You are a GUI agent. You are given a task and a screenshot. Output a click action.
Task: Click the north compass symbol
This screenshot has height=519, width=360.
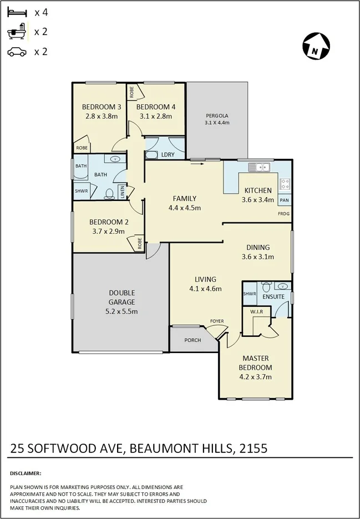point(316,46)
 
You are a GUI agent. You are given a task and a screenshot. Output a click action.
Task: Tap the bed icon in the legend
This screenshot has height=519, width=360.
point(17,11)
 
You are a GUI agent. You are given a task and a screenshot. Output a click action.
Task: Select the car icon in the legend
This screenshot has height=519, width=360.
point(17,52)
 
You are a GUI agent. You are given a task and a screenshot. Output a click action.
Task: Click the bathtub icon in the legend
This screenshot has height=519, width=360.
point(17,31)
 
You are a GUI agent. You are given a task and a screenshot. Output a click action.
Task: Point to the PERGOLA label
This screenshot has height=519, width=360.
point(216,116)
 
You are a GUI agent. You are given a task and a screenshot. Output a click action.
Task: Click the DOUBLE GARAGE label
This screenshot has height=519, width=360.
point(121,298)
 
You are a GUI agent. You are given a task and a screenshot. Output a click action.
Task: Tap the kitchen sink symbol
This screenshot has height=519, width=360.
point(259,167)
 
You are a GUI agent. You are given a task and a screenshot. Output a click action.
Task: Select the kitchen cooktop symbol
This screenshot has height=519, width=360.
point(285,184)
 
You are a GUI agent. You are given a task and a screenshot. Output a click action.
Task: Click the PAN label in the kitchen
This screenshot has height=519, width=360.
point(285,200)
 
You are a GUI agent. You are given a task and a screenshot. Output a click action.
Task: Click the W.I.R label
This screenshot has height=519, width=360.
point(256,313)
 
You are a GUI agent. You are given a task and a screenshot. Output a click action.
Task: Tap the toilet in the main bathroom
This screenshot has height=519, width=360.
point(110,194)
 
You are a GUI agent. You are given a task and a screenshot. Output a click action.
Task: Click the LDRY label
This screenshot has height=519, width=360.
point(167,155)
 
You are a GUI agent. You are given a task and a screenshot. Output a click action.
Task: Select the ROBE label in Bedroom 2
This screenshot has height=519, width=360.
point(139,243)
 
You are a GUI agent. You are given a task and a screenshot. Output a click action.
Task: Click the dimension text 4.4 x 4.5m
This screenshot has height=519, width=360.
point(184,208)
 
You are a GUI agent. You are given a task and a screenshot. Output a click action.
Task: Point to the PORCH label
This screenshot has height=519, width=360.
point(192,340)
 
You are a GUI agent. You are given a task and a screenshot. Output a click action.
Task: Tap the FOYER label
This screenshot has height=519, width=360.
point(216,321)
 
